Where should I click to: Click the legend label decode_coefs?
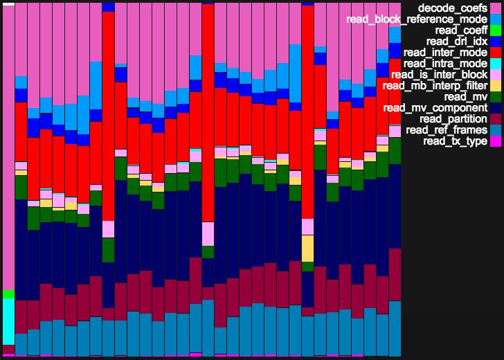pos(449,8)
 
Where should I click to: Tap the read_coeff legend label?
pos(461,30)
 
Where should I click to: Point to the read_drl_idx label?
pos(458,41)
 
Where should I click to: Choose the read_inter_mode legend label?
pos(445,52)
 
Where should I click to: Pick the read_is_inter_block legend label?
pos(439,75)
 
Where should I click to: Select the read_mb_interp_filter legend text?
pos(435,86)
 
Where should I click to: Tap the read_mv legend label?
pos(465,97)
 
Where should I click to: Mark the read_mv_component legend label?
pos(435,108)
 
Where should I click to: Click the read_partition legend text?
pos(453,119)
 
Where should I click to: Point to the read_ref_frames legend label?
pos(447,130)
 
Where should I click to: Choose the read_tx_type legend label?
pos(455,141)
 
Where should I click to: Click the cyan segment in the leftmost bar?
pos(8,321)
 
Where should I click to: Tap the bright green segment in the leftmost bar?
pos(8,294)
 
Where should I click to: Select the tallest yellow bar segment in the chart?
pos(308,248)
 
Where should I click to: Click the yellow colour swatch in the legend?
pos(496,86)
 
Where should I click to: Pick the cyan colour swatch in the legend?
pos(496,64)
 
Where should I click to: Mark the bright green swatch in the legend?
pos(496,30)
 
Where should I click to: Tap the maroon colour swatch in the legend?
pos(496,119)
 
